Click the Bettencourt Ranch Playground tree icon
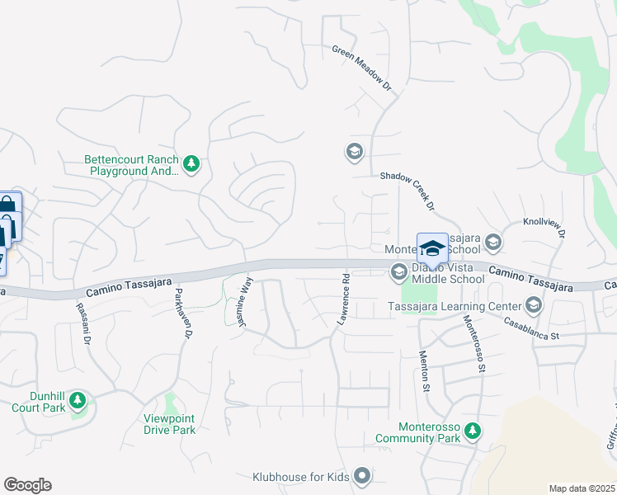(x=191, y=164)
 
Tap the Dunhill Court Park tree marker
(x=78, y=401)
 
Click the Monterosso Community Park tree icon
(x=472, y=431)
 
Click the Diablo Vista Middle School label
(x=448, y=272)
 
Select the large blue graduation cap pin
(x=432, y=248)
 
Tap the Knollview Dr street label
(x=544, y=227)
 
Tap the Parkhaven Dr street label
(x=182, y=313)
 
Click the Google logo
(x=27, y=485)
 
